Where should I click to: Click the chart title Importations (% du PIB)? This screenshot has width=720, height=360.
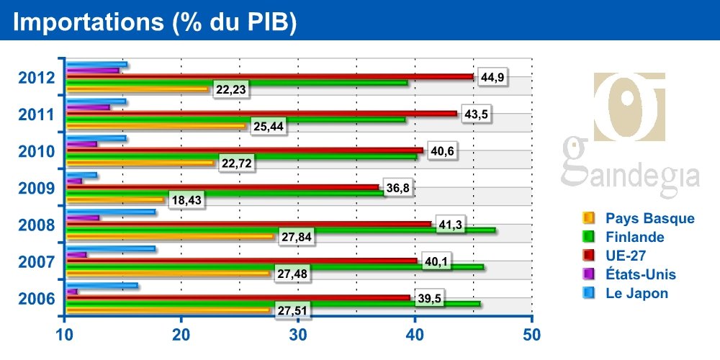(x=156, y=22)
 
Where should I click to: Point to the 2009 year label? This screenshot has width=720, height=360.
(x=35, y=189)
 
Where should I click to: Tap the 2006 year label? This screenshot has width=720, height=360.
(x=35, y=298)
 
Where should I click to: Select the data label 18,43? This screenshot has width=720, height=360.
(x=186, y=200)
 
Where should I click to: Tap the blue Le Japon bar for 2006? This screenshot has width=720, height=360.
(x=102, y=285)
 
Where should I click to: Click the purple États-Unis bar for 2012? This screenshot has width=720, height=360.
(x=92, y=70)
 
